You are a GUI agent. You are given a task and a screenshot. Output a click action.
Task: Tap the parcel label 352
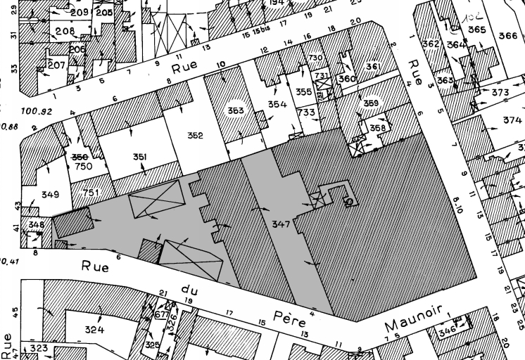195,135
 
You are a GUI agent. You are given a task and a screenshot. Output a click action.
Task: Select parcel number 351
139,157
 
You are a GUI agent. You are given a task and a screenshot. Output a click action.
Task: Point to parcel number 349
50,194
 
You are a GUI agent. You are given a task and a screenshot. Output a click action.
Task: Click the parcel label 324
95,329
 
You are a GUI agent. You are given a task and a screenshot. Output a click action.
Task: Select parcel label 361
373,67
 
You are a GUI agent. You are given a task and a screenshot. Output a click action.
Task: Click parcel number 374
512,120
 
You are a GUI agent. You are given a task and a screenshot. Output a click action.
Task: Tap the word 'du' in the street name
188,287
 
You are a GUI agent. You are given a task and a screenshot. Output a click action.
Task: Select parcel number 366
507,35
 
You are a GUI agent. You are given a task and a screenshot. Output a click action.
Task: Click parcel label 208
64,31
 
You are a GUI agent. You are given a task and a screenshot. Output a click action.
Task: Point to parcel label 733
306,112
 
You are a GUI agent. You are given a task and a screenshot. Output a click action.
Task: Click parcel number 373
500,93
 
